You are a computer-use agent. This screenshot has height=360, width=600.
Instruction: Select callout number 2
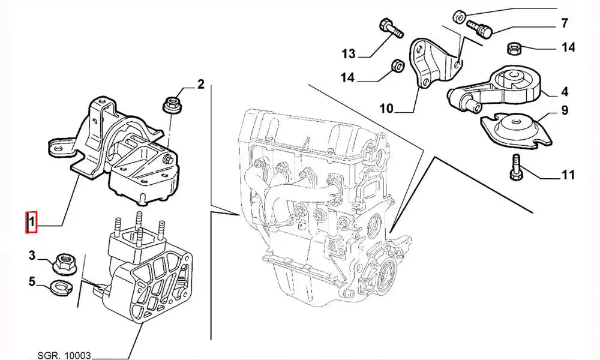(x=201, y=84)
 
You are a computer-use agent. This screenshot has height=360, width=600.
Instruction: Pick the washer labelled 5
(x=59, y=285)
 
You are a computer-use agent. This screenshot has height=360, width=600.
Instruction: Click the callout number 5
(x=31, y=281)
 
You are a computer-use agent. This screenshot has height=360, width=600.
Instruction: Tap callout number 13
(x=349, y=55)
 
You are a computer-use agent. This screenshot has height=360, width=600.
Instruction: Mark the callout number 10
(x=387, y=109)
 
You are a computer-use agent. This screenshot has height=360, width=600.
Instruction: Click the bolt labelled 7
(x=478, y=27)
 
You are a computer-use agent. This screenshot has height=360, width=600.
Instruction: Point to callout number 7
(x=564, y=24)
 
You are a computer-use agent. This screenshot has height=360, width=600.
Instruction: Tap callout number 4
(x=565, y=92)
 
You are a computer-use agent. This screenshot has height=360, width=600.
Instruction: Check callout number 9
(x=565, y=110)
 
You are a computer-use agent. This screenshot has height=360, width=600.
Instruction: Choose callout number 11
(x=568, y=175)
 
